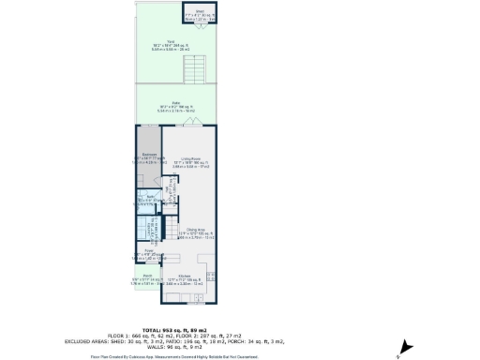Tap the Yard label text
[172, 44]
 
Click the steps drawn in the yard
[195, 68]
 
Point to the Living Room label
[194, 162]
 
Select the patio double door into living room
[193, 124]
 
